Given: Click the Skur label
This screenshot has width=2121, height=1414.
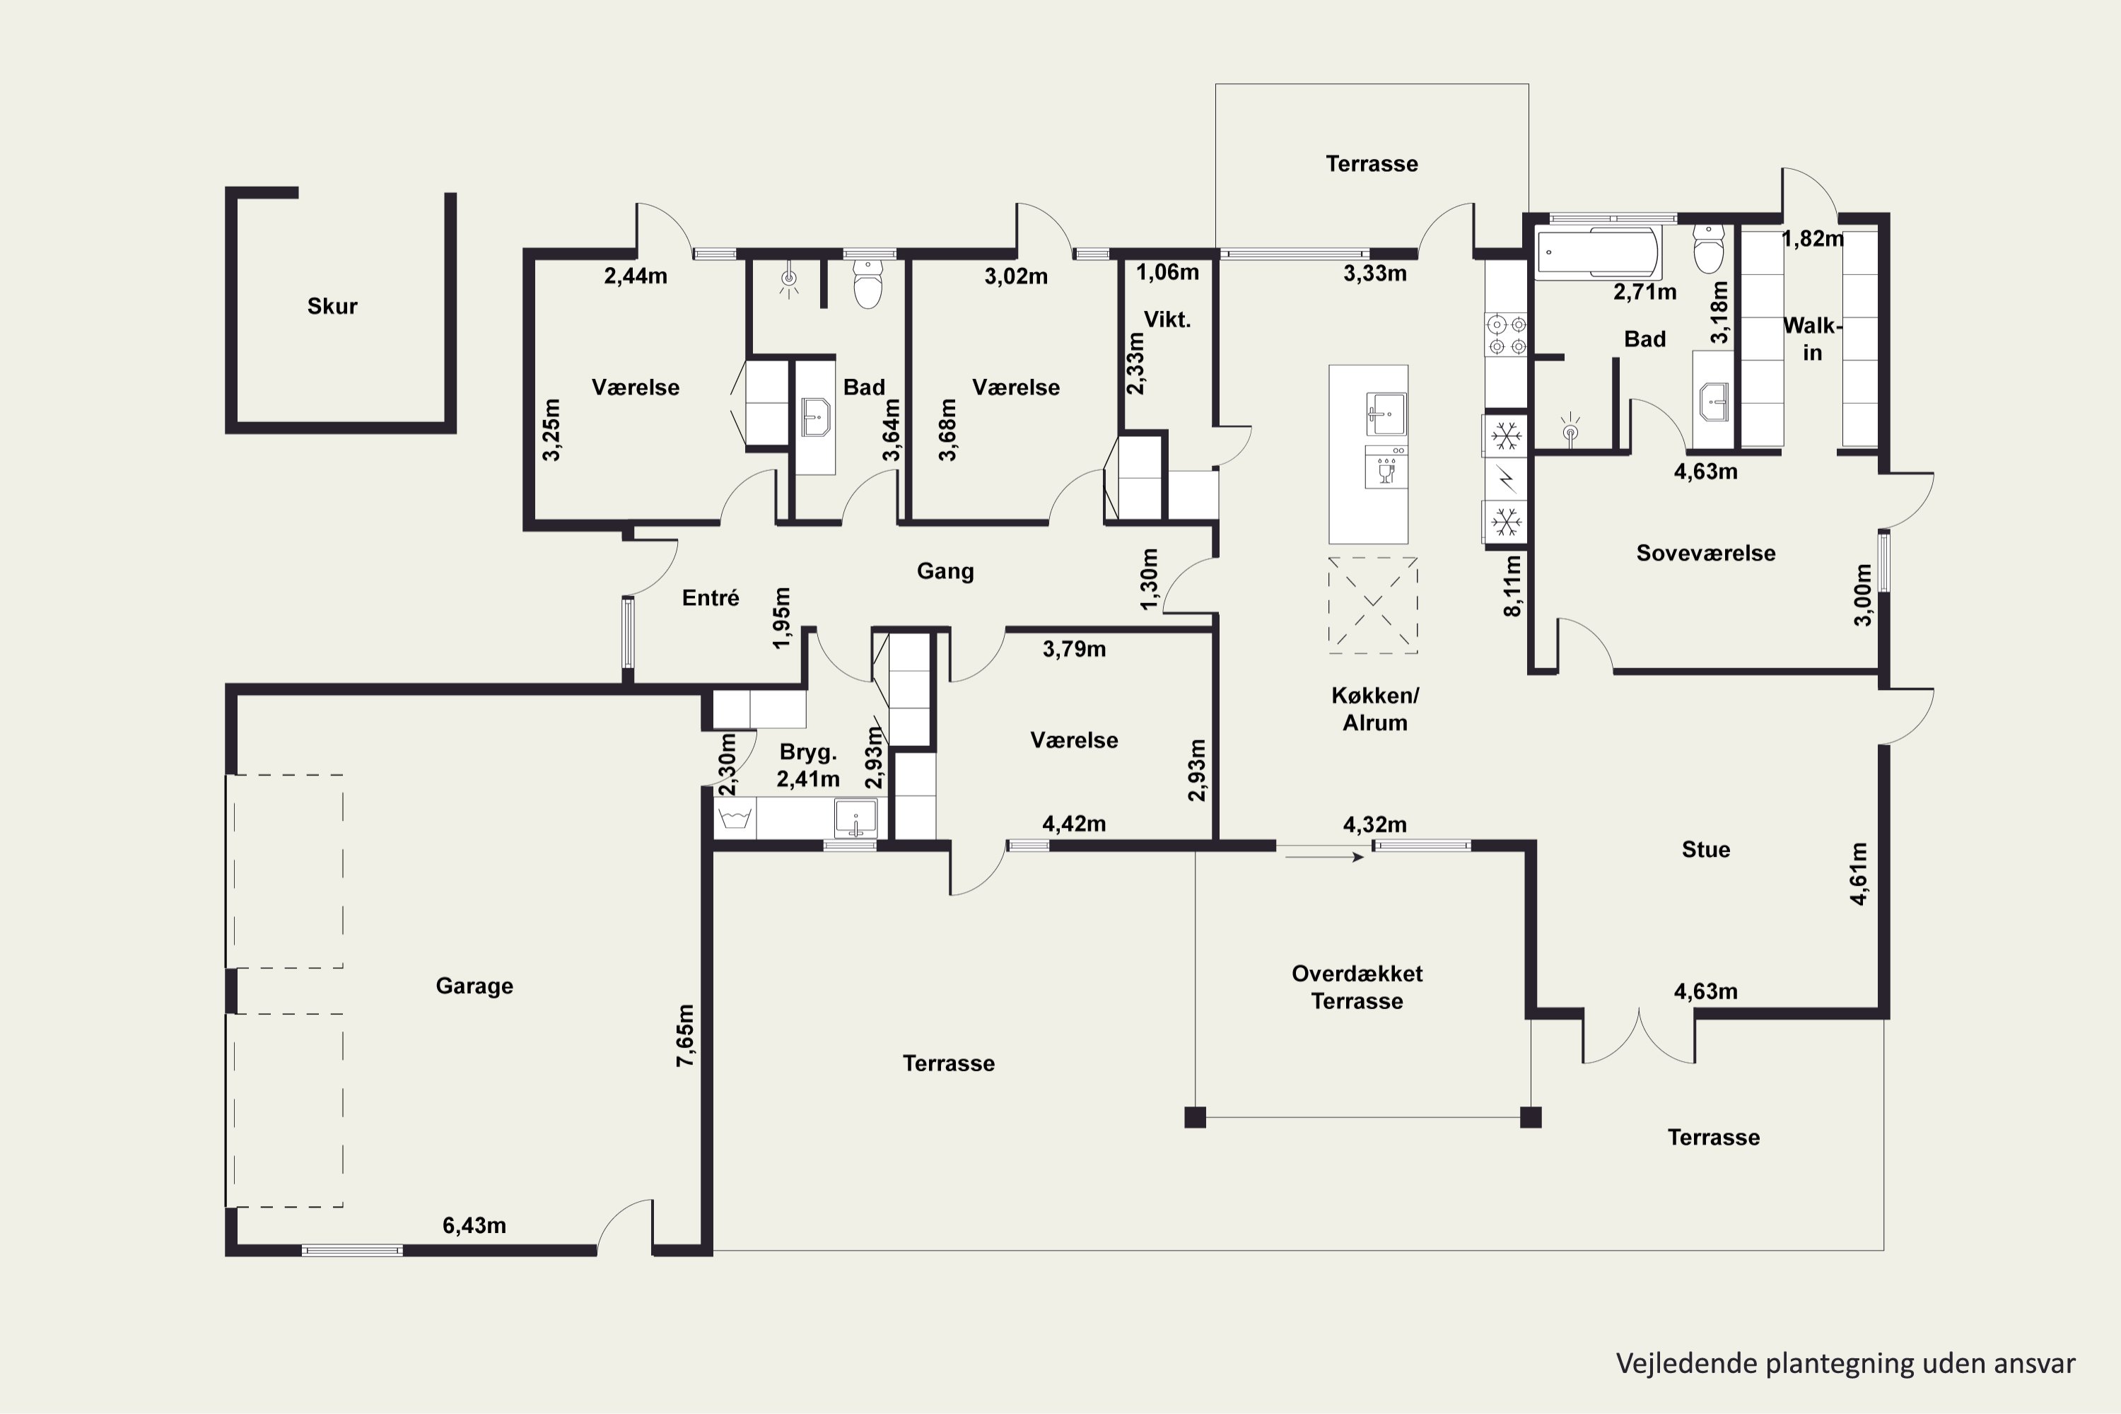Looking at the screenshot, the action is [332, 307].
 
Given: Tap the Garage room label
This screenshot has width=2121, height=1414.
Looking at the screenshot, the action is [474, 986].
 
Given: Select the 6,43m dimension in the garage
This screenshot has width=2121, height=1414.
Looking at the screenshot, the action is [474, 1225].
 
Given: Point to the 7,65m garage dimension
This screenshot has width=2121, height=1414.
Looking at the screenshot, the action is [685, 1035].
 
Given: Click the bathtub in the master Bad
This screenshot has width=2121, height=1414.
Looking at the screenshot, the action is [1598, 252].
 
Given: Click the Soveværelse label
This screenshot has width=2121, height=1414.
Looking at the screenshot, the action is [1706, 553].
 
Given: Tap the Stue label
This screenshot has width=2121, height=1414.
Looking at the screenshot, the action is [1706, 850].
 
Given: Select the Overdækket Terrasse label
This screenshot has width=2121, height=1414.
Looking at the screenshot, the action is [1357, 988].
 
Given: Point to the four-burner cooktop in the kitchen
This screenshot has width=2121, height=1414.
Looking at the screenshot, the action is [1507, 334].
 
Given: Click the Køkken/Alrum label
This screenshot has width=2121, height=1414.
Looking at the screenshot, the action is [1375, 709].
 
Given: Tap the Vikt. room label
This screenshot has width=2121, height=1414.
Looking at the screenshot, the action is [1168, 320].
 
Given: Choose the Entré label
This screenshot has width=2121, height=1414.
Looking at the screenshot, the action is [711, 598].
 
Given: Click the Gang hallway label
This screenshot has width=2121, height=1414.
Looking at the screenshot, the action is [945, 571].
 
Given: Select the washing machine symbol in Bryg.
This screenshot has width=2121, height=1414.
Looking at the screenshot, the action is [736, 819].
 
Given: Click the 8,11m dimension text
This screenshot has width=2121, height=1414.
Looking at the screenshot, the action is [1512, 585].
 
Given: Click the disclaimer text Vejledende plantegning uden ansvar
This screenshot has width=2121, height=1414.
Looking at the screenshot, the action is [1846, 1364].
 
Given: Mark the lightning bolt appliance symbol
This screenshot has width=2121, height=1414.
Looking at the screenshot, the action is [1506, 479].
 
